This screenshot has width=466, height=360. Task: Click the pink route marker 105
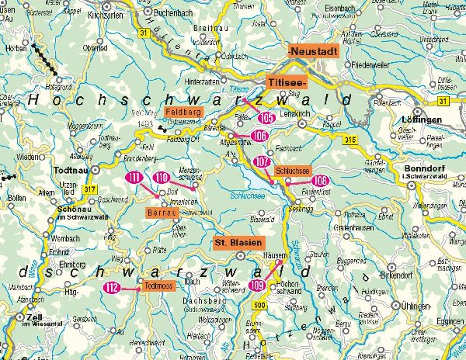(x=266, y=118)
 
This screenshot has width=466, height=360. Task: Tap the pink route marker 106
(x=260, y=136)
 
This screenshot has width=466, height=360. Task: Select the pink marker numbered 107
(x=262, y=161)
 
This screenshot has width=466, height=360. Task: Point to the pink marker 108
(x=319, y=181)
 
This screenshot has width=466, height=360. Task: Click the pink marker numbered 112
(x=112, y=288)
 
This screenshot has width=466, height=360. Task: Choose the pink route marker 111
(x=135, y=178)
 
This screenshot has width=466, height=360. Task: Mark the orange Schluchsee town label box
(x=293, y=170)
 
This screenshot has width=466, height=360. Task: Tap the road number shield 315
(x=349, y=139)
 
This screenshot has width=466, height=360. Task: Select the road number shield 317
(x=91, y=189)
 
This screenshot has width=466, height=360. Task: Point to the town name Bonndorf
(x=422, y=168)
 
